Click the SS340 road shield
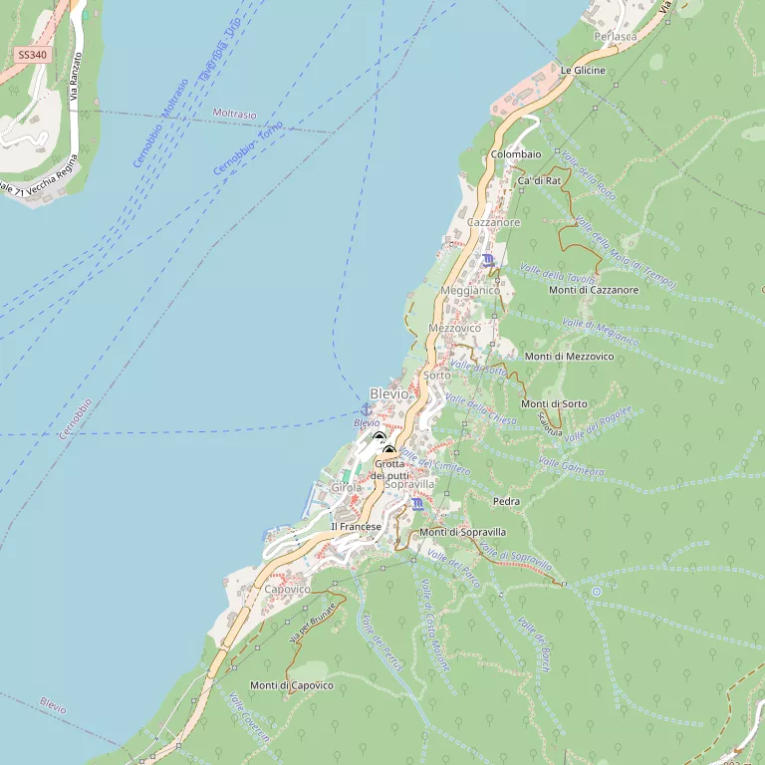32,56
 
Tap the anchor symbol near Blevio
366,409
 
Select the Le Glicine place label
583,71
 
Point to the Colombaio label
516,154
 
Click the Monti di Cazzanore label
594,290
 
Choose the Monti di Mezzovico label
570,356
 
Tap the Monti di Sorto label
554,403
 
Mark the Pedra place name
506,501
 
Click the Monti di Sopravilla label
462,532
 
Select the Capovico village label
288,590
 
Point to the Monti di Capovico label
291,685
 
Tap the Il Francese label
357,526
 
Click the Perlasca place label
615,36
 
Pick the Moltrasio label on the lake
234,115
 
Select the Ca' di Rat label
540,181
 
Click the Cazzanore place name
494,222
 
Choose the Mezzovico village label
454,328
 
